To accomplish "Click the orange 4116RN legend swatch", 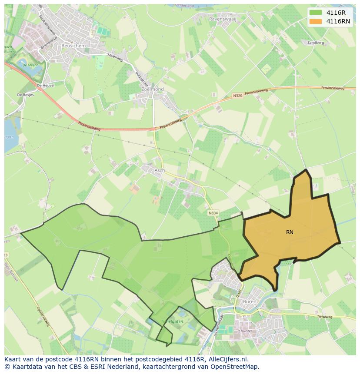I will coord(316,21).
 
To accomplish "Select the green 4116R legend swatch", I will coord(316,13).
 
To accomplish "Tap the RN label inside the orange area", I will coord(290,232).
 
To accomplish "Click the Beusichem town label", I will coord(73,46).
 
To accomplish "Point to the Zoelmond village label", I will coord(153,89).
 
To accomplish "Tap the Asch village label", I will coord(160,170).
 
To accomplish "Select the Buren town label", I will coord(250,301).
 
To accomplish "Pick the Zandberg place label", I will coord(316,43).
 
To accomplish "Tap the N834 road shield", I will coord(213,213).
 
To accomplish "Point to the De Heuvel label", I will coord(46,86).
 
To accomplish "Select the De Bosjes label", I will coord(25,94).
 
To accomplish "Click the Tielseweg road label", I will coord(324,317).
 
